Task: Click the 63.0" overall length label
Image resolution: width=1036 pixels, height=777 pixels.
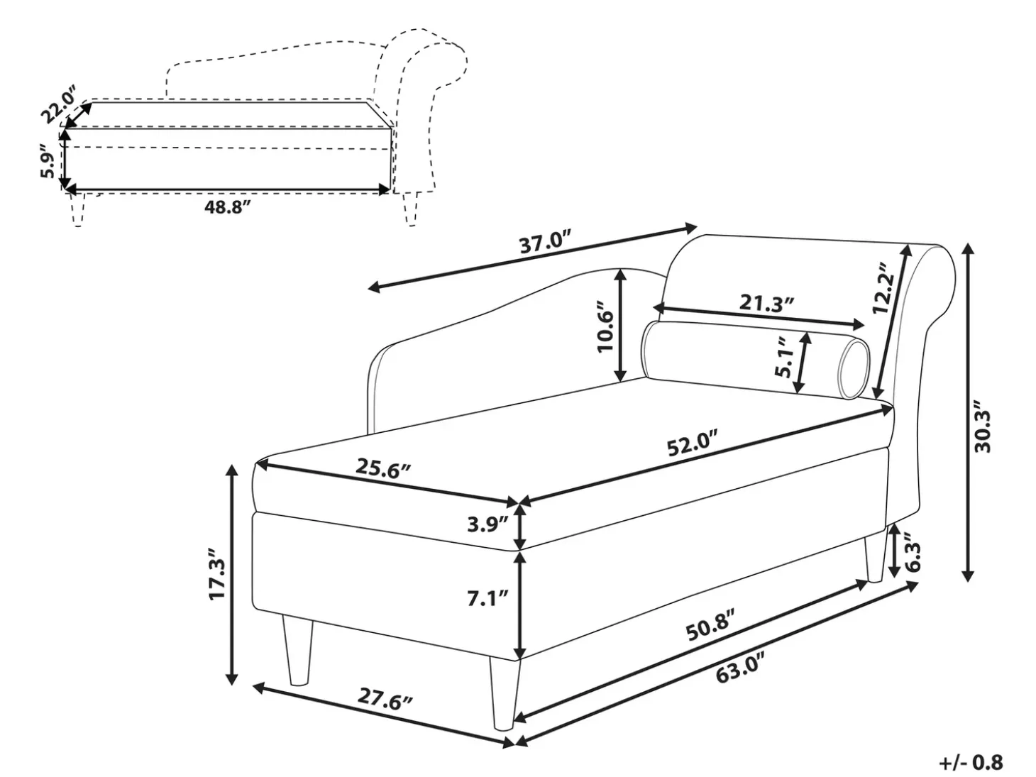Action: point(739,666)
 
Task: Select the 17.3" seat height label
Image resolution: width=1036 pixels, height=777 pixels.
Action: point(218,573)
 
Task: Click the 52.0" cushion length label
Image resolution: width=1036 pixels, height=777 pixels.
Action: point(692,443)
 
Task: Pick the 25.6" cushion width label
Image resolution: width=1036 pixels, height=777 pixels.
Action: point(383,468)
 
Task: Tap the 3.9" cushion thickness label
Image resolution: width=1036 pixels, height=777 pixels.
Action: point(487,524)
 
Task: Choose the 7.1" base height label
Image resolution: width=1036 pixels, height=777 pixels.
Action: point(487,598)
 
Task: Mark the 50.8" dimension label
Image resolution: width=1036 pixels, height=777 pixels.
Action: point(710,624)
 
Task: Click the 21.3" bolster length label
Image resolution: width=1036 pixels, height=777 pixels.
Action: point(766,303)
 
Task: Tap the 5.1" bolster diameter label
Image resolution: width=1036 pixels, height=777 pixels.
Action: point(783,356)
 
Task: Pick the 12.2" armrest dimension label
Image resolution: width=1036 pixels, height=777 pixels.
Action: point(882,288)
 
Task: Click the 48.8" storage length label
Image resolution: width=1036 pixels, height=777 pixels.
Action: point(226,206)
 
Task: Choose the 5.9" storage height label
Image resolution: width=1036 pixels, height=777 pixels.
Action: point(48,161)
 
